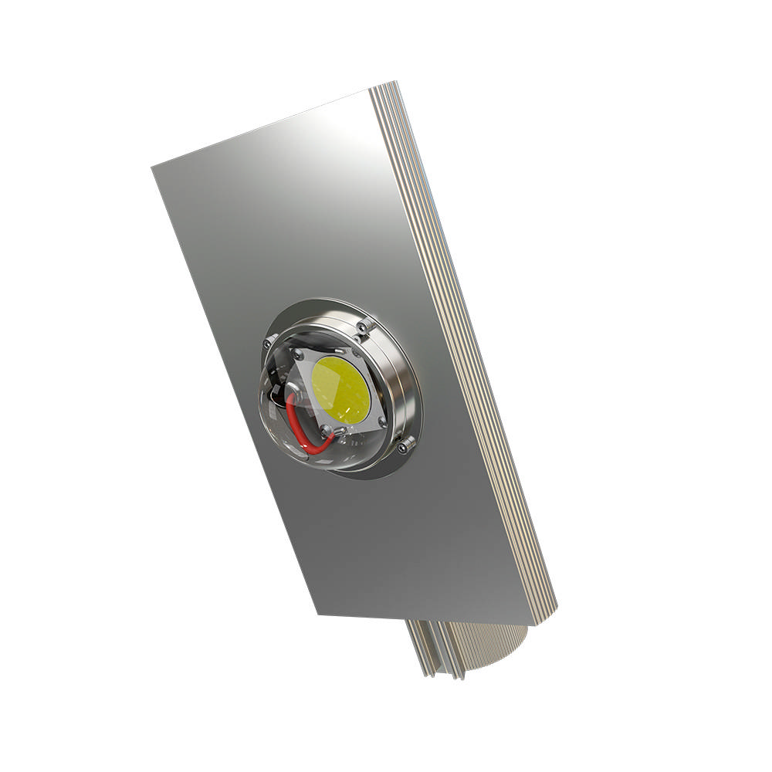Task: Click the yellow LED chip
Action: tap(340, 390)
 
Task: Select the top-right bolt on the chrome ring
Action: tap(364, 328)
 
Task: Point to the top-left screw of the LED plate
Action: tap(296, 354)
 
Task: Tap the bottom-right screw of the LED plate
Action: tap(382, 422)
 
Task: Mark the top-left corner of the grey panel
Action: tap(152, 166)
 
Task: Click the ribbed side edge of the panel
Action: tap(463, 347)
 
